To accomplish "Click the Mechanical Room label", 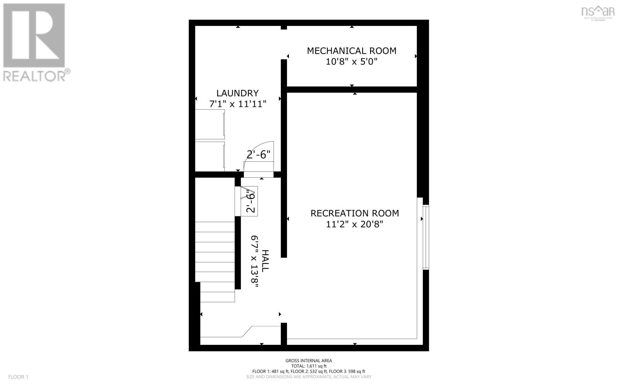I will tap(351, 51).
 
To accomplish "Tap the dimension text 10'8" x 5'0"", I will tap(351, 62).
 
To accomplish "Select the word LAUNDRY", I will tap(237, 93).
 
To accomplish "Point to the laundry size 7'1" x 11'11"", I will tap(237, 104).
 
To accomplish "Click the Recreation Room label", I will tap(355, 213).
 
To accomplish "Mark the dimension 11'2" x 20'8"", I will tap(355, 224).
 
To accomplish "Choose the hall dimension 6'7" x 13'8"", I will tap(255, 261).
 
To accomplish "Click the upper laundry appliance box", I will tap(210, 124).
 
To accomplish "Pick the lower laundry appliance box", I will tap(210, 156).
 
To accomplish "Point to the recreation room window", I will tap(426, 237).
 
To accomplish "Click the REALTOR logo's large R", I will tap(34, 36).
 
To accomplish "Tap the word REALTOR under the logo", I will tap(35, 76).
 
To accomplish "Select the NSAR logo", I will tap(598, 12).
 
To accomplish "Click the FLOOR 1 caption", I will tap(19, 377).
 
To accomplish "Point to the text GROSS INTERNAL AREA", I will tap(309, 361).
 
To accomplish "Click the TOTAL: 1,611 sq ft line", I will tap(309, 366).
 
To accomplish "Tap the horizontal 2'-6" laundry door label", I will tap(258, 155).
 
